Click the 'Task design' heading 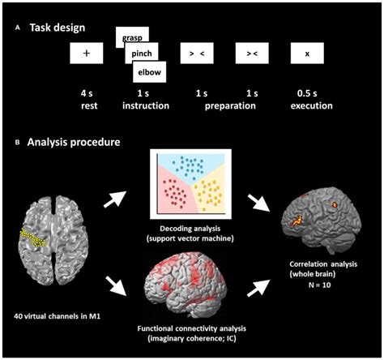[60, 27]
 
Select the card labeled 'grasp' [131, 37]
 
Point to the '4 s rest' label [86, 99]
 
